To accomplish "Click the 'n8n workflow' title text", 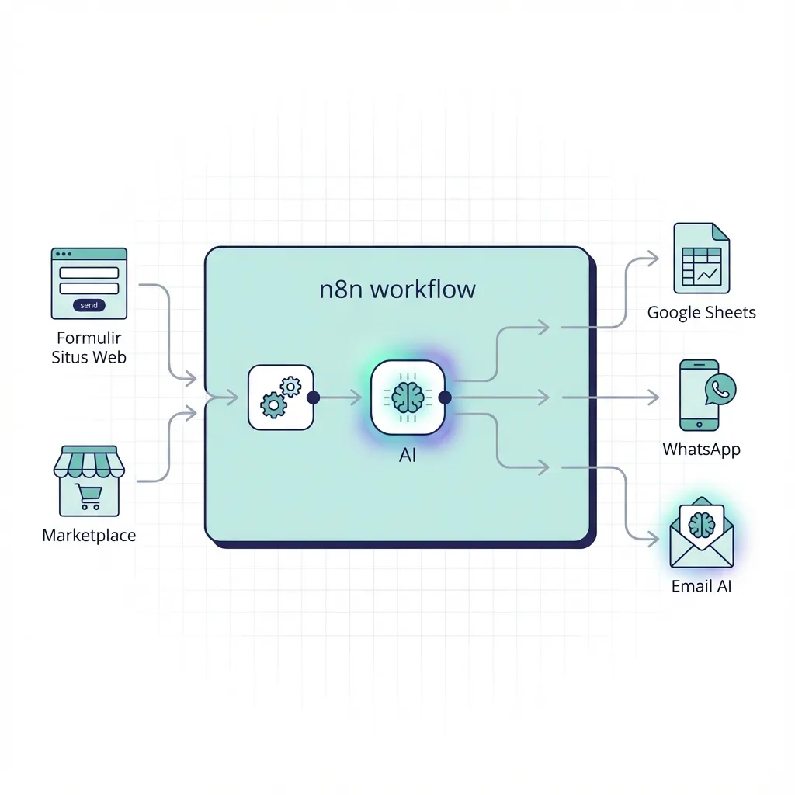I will (397, 290).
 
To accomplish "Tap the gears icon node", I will (280, 397).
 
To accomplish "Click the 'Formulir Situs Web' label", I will (89, 348).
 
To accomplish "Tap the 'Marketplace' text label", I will (89, 536).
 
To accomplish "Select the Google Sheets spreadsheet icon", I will (701, 259).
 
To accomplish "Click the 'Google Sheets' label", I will (701, 313).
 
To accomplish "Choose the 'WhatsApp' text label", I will (701, 450).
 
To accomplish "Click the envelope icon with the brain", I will (701, 534).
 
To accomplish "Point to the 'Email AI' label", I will (701, 587).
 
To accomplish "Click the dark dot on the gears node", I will (314, 397).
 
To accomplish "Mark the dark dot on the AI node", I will (445, 397).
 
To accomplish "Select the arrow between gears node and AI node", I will (340, 397).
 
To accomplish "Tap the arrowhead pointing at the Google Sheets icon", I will (654, 259).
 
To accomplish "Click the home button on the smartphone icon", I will (698, 425).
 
